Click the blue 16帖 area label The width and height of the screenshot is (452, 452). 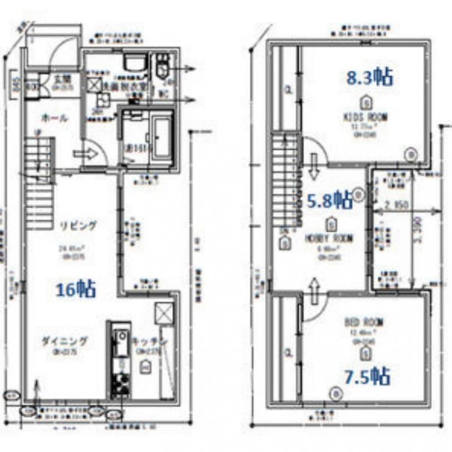click(x=76, y=289)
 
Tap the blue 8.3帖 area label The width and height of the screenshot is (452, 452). click(x=369, y=77)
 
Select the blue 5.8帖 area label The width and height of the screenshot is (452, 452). click(x=330, y=198)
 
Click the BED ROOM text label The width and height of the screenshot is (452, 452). click(x=364, y=323)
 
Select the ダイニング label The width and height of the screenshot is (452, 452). click(x=64, y=341)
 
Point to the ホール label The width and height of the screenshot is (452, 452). click(x=54, y=118)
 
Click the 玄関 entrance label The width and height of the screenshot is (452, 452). click(x=62, y=79)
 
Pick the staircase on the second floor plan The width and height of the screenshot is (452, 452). click(x=285, y=181)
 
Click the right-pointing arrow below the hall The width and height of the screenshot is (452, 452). click(x=84, y=153)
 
